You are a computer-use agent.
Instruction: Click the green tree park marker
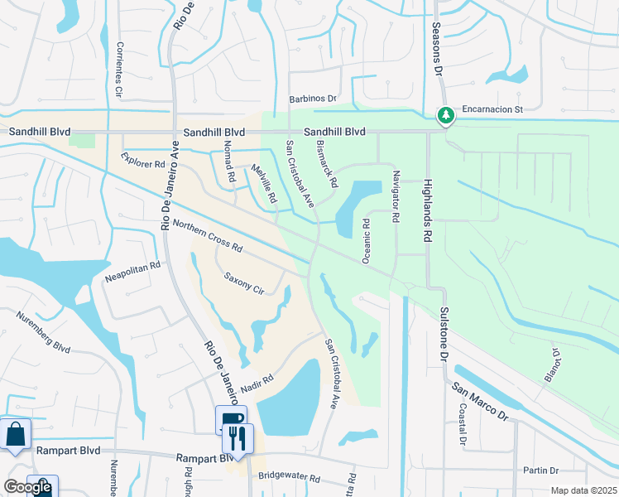[447, 114]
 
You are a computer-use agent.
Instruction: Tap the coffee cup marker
[231, 418]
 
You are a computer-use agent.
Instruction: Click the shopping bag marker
[15, 433]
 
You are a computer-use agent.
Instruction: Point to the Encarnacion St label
[493, 109]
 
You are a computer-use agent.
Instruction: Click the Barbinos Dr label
[313, 99]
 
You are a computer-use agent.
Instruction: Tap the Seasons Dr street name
[437, 49]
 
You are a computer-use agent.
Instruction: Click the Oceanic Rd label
[366, 241]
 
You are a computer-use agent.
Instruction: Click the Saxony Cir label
[243, 284]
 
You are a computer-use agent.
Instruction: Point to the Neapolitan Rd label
[132, 273]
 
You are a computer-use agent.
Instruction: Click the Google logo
[27, 487]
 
